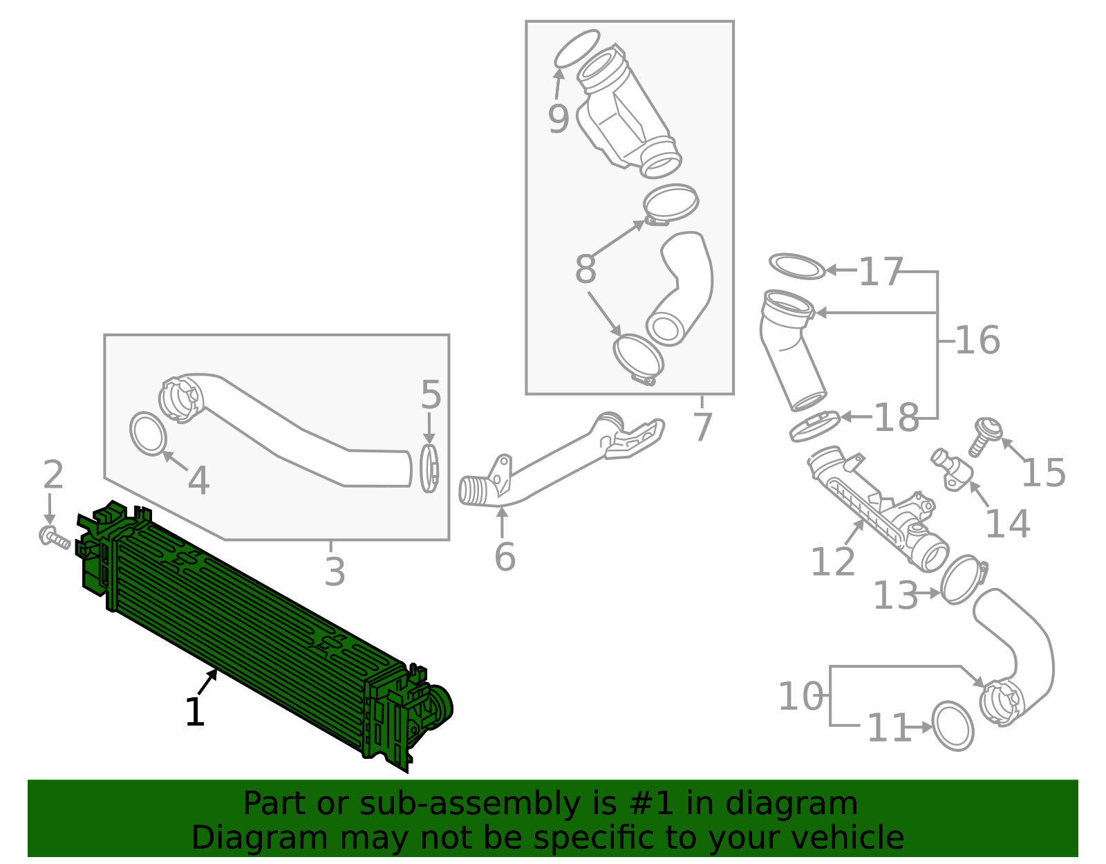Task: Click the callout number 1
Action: [195, 712]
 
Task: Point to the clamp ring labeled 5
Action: [429, 468]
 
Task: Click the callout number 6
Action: [505, 557]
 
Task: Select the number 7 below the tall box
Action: [702, 427]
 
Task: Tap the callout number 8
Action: [585, 269]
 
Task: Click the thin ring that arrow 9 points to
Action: [577, 48]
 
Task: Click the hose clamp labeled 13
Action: [963, 579]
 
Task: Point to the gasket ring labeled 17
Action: [797, 266]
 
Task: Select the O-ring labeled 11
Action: [953, 726]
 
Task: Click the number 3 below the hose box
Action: [335, 572]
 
